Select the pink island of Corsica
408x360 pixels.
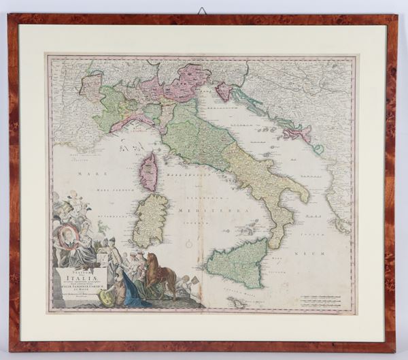148,171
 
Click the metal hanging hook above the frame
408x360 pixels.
203,11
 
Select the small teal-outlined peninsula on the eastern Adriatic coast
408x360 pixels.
318,148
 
